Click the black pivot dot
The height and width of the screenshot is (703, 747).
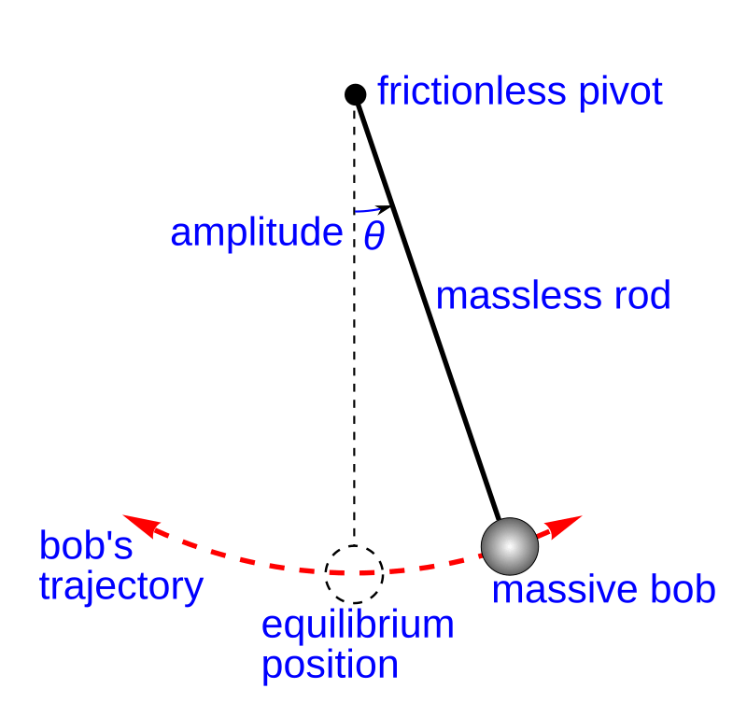pos(356,94)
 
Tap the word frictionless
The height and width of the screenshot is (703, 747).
pos(472,92)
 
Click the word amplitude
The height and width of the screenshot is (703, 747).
pos(256,232)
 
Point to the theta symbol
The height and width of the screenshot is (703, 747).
pos(373,235)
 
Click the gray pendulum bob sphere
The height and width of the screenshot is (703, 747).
pos(510,545)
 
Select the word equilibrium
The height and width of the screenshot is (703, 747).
pos(358,625)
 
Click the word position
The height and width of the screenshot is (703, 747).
pos(330,665)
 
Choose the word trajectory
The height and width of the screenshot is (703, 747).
pos(121,586)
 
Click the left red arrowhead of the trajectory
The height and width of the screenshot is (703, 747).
pos(134,520)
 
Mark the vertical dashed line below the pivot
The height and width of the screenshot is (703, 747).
pos(354,373)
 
